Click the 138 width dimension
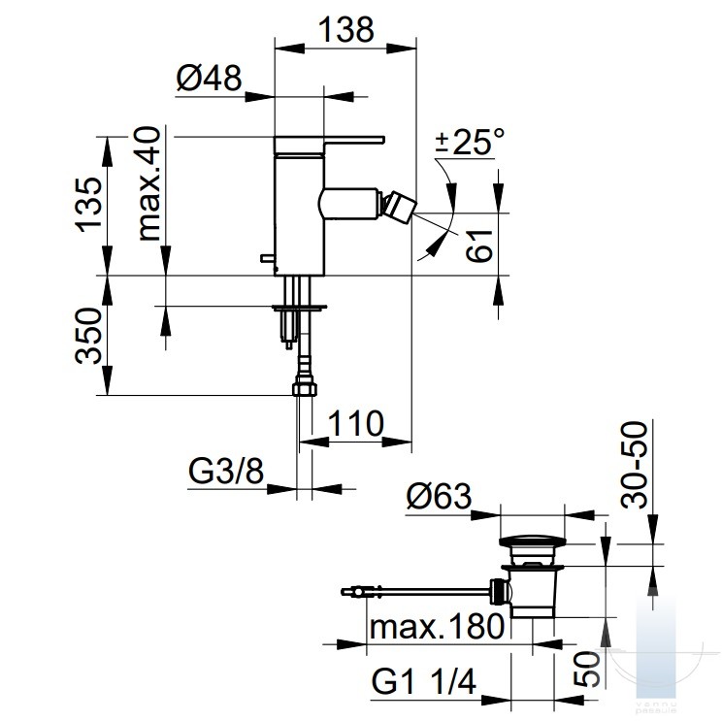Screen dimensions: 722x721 click(x=346, y=29)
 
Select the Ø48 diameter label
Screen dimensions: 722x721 click(x=209, y=78)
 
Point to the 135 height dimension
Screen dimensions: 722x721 click(x=89, y=205)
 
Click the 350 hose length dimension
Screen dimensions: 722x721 click(x=88, y=336)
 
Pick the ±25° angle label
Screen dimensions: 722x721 click(x=470, y=142)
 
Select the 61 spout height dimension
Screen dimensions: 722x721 click(x=479, y=246)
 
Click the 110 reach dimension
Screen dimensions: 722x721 click(x=355, y=424)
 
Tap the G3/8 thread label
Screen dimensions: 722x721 click(x=226, y=471)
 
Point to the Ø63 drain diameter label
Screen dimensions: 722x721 click(x=440, y=496)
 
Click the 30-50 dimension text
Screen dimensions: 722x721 click(x=634, y=465)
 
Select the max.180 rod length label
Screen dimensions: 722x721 click(x=437, y=627)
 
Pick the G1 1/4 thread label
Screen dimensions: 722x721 click(x=424, y=681)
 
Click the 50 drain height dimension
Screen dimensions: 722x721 click(x=587, y=670)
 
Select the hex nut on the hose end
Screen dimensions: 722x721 click(x=305, y=387)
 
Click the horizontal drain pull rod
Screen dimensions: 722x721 click(x=421, y=591)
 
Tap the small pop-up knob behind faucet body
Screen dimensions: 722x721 click(x=268, y=258)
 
